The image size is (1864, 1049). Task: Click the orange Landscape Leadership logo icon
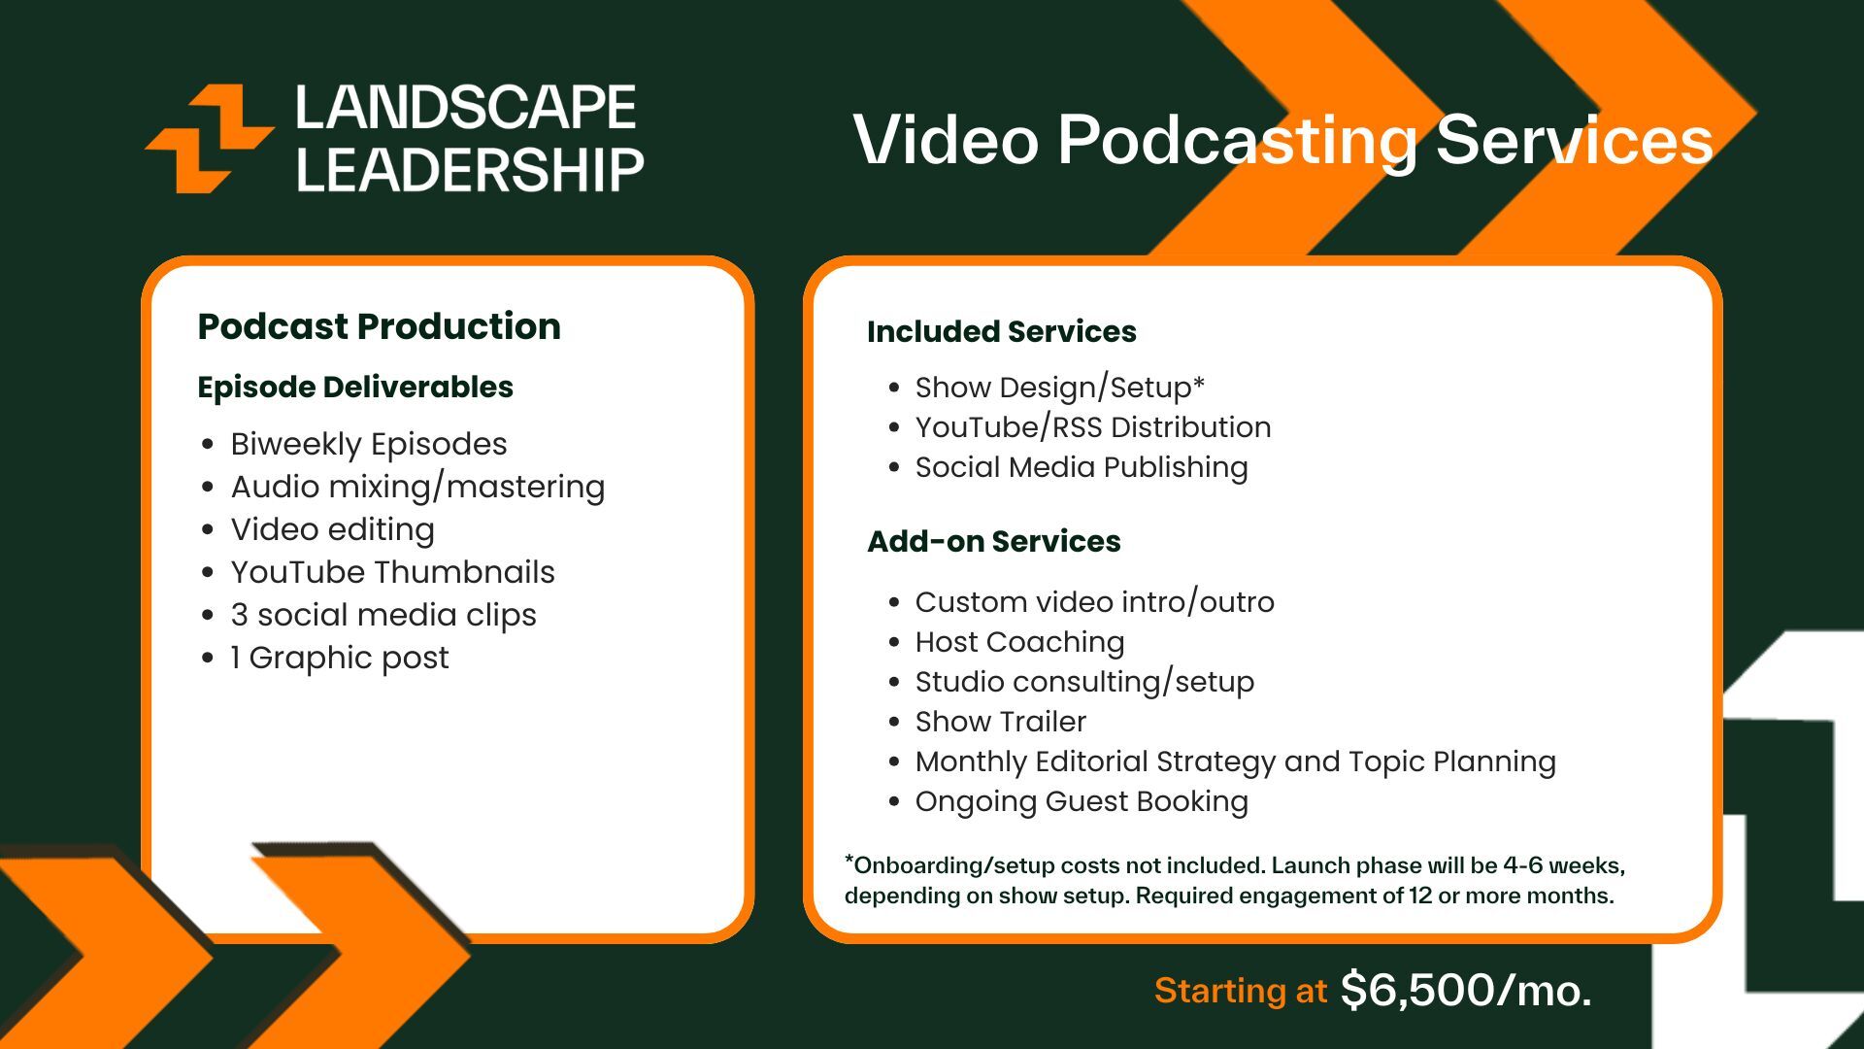209,138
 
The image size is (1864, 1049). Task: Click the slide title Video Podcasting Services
1283,140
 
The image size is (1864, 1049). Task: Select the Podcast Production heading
379,326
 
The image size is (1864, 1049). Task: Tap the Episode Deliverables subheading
355,387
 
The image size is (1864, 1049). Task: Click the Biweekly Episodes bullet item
369,444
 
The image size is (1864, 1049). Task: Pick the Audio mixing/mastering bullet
417,487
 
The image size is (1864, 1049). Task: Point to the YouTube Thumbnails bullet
392,572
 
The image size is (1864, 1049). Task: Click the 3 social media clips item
383,615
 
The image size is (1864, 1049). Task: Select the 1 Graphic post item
340,658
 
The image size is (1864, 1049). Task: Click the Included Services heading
1002,331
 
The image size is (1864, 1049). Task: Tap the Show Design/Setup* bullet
1060,388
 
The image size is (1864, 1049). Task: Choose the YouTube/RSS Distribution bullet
1093,427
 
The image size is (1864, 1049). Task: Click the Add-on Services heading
994,541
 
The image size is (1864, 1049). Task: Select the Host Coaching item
1019,642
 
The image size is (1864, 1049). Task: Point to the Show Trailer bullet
1001,722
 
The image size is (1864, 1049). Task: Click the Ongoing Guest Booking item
1082,801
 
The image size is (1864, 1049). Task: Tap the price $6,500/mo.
1466,991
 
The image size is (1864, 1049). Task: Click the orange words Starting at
1241,991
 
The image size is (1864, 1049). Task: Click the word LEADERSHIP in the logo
470,170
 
